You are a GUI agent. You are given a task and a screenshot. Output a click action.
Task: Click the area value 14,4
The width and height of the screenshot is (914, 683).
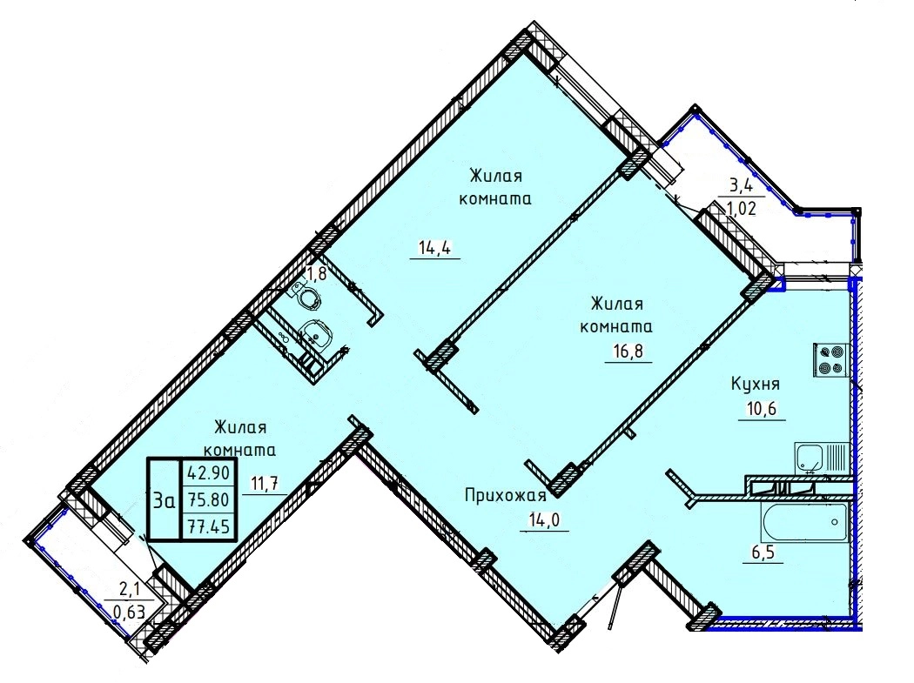[x=435, y=249]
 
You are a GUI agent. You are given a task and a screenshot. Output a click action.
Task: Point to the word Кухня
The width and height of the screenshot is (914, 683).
[x=756, y=385]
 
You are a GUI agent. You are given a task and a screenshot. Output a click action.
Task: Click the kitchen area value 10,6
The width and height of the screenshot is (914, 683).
[x=762, y=409]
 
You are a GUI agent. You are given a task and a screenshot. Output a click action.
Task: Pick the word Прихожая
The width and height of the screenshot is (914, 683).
[x=506, y=496]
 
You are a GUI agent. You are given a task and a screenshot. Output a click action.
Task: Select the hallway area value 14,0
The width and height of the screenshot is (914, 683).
[x=544, y=519]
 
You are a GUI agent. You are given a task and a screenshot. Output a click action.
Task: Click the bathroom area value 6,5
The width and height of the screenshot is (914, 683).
[x=763, y=552]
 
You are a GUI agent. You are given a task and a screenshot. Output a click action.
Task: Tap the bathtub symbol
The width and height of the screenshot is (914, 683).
[x=803, y=523]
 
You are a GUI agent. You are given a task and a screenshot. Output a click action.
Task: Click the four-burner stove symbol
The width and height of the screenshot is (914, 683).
[x=830, y=359]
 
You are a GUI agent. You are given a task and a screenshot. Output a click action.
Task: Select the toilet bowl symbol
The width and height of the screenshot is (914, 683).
[x=306, y=296]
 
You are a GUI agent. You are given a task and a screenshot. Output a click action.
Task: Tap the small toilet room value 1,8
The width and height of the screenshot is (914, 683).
[x=317, y=274]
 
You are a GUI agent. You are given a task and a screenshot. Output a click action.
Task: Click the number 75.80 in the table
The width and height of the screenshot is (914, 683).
[x=208, y=499]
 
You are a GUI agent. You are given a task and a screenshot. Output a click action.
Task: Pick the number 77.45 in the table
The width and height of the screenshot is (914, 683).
[x=208, y=527]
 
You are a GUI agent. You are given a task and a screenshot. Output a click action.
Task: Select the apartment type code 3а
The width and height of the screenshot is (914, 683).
[x=164, y=500]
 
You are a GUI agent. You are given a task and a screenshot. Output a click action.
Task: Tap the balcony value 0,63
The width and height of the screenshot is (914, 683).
[x=130, y=613]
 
